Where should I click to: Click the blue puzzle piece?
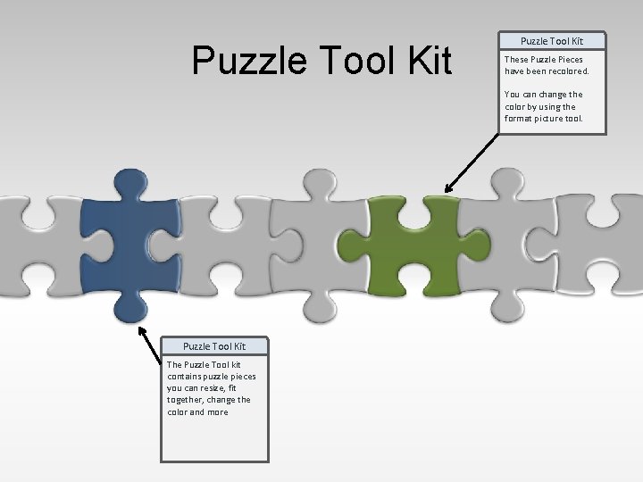click(116, 245)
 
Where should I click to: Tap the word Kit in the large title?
click(421, 61)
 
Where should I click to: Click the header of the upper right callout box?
click(552, 41)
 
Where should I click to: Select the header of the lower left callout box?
click(214, 346)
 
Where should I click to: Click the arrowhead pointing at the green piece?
click(449, 187)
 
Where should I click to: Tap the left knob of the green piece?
click(352, 241)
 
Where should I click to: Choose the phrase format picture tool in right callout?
click(543, 118)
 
